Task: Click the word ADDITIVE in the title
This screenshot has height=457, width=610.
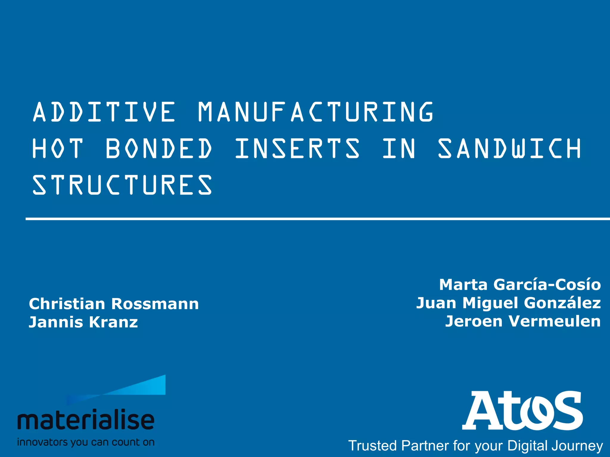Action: (x=104, y=112)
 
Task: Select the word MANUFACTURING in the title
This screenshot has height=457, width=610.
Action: (x=316, y=112)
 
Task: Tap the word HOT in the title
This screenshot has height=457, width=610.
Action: (x=57, y=148)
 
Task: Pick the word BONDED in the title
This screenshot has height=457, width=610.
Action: (x=159, y=148)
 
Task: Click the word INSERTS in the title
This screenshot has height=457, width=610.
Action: (x=297, y=148)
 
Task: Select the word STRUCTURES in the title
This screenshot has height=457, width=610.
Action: (x=122, y=185)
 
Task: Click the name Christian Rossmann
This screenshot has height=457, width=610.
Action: (x=114, y=304)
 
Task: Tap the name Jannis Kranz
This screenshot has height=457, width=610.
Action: (x=83, y=322)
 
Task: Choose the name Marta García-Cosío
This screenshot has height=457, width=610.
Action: (x=520, y=284)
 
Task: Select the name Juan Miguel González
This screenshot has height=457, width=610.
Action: (x=508, y=303)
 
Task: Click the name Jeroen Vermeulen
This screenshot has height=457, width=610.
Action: (x=523, y=321)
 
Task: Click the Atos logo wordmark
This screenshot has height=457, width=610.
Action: (x=523, y=411)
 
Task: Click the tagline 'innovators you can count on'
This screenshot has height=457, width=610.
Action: (x=86, y=442)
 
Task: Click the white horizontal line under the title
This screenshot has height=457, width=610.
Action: (x=318, y=219)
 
